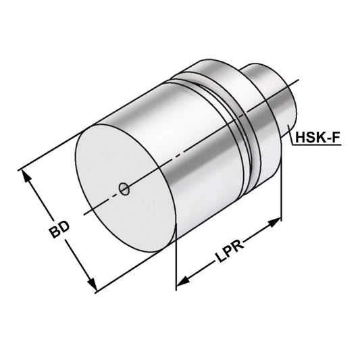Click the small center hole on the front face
124,189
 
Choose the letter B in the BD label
55,234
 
